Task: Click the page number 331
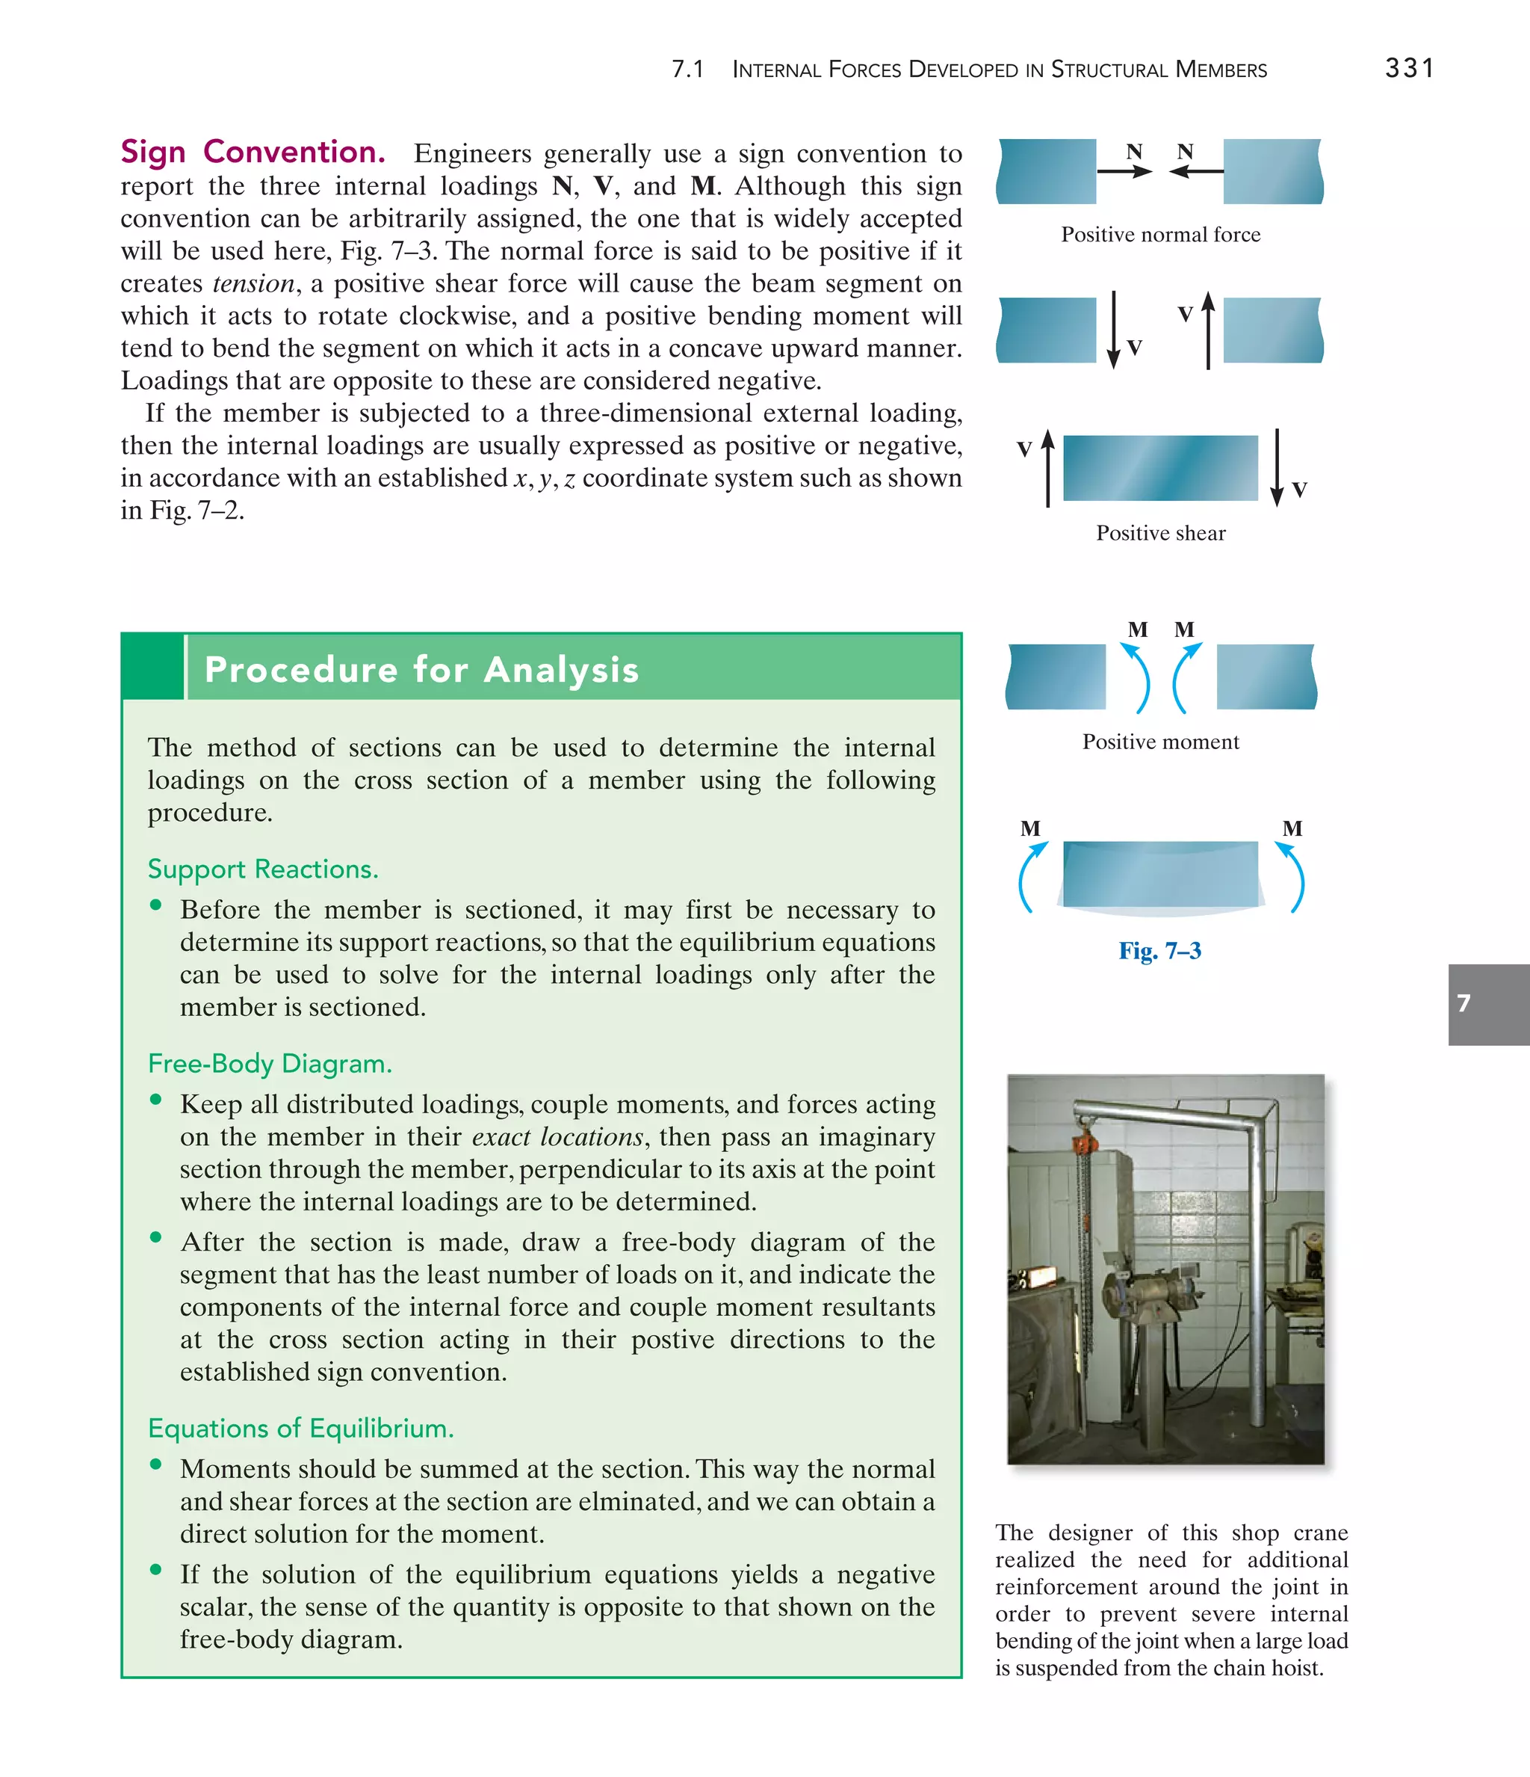pos(1409,68)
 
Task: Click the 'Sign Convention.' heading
pos(253,152)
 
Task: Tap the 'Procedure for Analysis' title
pos(421,669)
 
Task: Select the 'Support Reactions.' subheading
pos(262,869)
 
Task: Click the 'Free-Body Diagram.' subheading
pos(269,1064)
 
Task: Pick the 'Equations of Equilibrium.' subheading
pos(300,1428)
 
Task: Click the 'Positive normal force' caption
pos(1160,234)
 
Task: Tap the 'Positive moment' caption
pos(1160,741)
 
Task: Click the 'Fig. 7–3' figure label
pos(1159,950)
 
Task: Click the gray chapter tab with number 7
pos(1488,1004)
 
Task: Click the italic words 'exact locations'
pos(557,1137)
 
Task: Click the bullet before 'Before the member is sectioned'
pos(155,905)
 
